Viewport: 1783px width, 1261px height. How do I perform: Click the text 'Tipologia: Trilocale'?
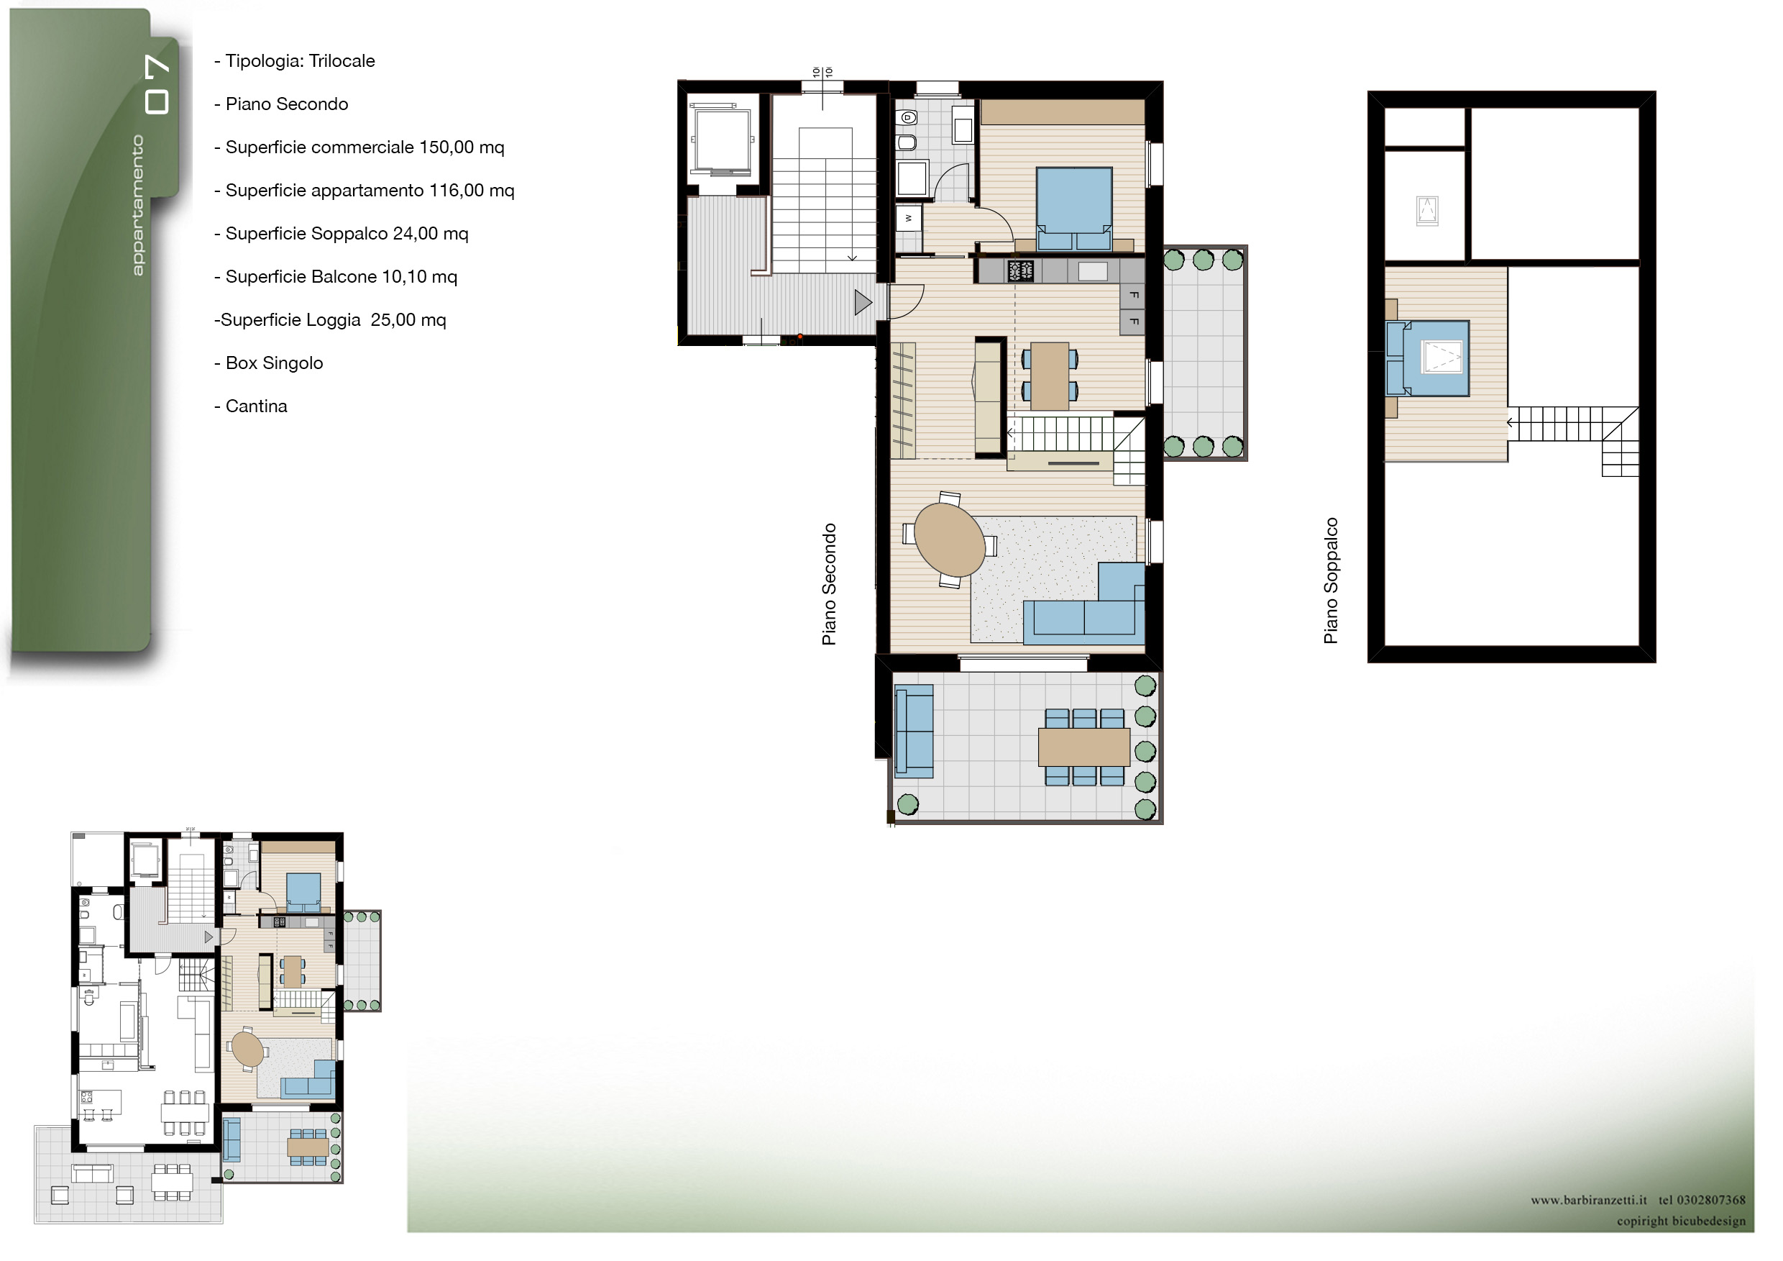[300, 60]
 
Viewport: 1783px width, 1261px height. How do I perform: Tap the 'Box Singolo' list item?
[274, 363]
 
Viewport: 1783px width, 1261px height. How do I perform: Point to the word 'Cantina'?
[256, 406]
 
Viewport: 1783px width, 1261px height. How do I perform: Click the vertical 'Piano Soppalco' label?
[1330, 581]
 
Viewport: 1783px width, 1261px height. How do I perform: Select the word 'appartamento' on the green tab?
[137, 205]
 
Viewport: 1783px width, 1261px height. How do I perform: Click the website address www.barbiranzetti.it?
[1589, 1201]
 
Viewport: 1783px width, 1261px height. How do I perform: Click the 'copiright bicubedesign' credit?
[1682, 1221]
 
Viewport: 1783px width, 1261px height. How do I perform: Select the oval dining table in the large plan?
[950, 540]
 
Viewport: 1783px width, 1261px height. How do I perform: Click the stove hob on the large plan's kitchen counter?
[1020, 270]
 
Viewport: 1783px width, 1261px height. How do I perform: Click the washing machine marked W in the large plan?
[909, 219]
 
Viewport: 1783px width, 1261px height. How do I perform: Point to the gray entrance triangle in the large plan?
[863, 302]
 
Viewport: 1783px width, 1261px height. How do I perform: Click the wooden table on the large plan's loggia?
[1084, 747]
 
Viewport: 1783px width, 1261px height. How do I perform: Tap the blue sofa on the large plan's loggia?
[914, 731]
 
